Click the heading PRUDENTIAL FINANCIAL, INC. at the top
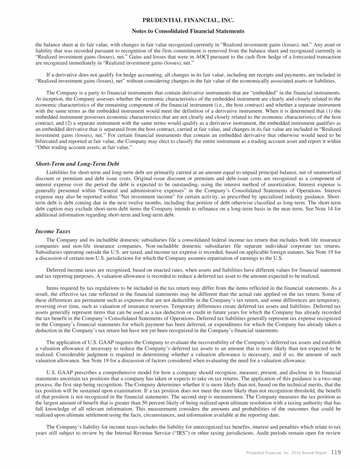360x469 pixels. click(x=180, y=21)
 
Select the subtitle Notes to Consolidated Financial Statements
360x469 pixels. click(x=180, y=31)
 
